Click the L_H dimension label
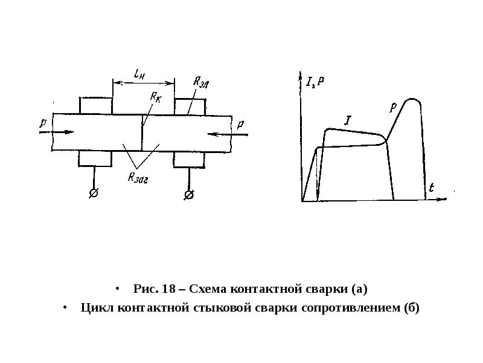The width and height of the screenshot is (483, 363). click(139, 74)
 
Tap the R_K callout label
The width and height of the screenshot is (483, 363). click(156, 97)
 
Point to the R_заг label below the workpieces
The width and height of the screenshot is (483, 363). click(138, 178)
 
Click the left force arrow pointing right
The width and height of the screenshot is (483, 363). click(57, 132)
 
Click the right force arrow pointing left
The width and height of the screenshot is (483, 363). click(228, 134)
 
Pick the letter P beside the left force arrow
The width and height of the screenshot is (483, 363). click(43, 123)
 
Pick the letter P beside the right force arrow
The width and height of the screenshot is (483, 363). click(240, 125)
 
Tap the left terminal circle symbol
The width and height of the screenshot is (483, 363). click(94, 193)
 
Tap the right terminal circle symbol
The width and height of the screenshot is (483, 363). click(189, 195)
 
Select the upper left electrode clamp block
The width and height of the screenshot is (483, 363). click(96, 105)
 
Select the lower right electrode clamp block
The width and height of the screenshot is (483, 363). click(189, 160)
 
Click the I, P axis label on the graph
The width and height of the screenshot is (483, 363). click(315, 82)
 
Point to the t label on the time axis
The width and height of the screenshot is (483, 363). click(432, 188)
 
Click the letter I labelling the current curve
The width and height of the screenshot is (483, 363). click(348, 120)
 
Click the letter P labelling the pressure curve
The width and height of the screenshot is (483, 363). click(393, 107)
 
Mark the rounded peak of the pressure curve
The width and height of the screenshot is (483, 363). click(412, 99)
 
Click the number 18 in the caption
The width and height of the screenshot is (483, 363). click(169, 289)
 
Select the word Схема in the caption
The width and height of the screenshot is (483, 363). click(208, 289)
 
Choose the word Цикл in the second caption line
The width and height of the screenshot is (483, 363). click(97, 308)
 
